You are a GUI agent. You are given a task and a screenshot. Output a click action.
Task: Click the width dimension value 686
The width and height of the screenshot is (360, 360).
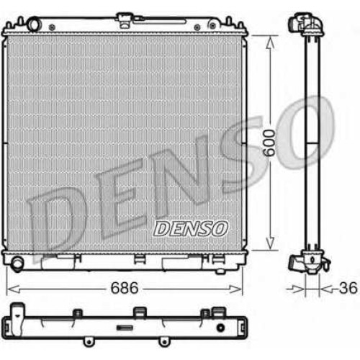[x=125, y=288]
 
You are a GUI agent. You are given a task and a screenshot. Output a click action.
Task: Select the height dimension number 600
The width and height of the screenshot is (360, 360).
[x=269, y=143]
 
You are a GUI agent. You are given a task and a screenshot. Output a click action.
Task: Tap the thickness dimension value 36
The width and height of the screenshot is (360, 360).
[x=348, y=288]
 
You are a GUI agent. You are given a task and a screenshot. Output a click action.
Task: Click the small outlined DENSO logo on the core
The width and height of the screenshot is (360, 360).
[x=190, y=228]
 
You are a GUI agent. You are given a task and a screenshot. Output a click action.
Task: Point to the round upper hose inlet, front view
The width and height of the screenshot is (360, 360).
[x=34, y=24]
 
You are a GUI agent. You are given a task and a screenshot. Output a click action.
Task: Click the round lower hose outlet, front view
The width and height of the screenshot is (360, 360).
[x=18, y=264]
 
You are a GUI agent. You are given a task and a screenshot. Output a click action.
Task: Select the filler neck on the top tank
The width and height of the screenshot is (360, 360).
[x=124, y=20]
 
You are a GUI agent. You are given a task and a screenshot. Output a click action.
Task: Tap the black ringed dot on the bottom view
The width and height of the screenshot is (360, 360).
[x=220, y=328]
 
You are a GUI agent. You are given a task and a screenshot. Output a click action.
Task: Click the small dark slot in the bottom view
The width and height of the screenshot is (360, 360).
[x=125, y=328]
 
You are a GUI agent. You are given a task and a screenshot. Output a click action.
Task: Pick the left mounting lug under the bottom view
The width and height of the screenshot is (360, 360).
[x=88, y=341]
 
